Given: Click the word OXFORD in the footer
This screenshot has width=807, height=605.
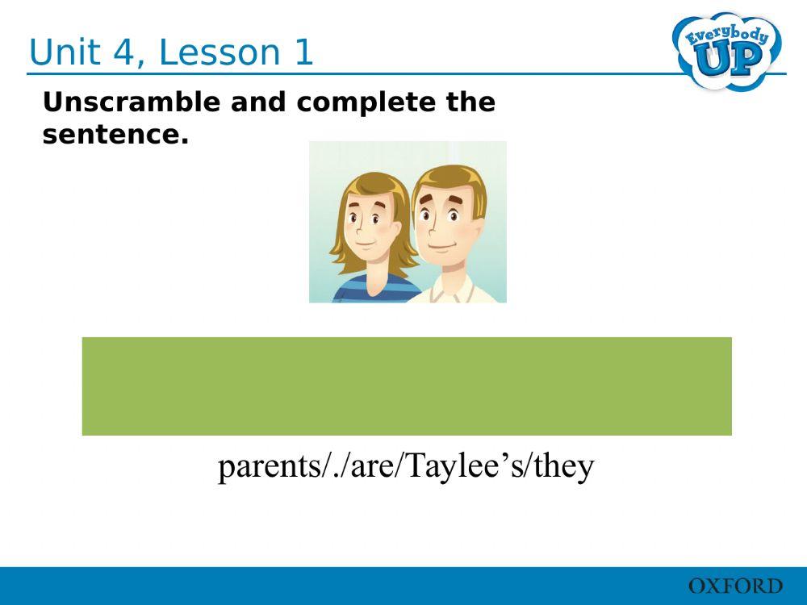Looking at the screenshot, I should pyautogui.click(x=734, y=586).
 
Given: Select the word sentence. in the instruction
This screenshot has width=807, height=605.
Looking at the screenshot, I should pyautogui.click(x=115, y=136).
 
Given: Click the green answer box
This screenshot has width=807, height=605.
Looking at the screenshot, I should pyautogui.click(x=407, y=386).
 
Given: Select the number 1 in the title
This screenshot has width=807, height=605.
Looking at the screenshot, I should pyautogui.click(x=302, y=52).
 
